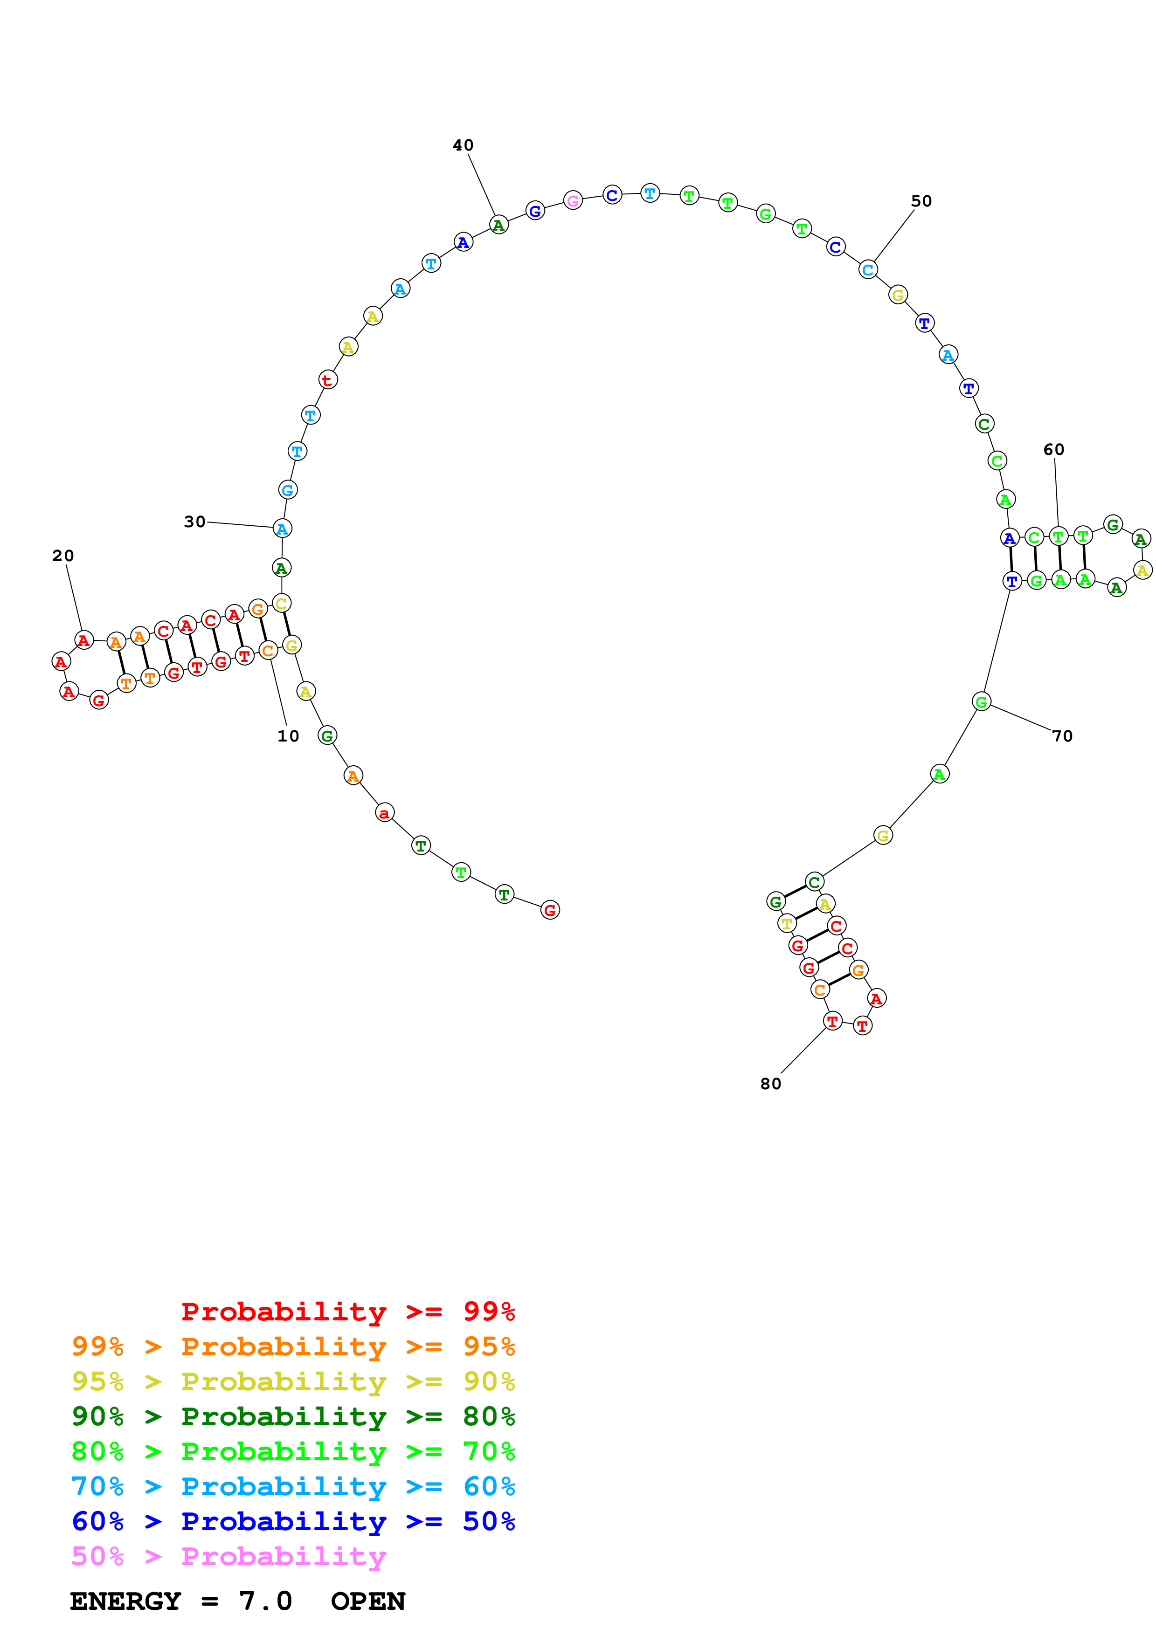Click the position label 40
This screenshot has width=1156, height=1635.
[463, 145]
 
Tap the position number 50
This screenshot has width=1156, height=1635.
[921, 201]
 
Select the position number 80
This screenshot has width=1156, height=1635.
[771, 1084]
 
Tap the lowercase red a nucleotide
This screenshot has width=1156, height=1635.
[385, 813]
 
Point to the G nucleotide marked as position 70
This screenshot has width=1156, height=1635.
[982, 702]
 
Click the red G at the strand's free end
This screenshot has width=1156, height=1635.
[550, 910]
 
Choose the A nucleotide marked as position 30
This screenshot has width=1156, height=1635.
[282, 529]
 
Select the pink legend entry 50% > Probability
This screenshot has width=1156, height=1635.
[228, 1557]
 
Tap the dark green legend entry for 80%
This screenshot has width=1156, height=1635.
[293, 1416]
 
